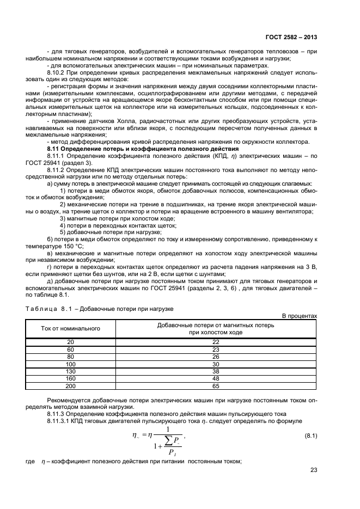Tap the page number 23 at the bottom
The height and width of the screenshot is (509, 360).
click(314, 471)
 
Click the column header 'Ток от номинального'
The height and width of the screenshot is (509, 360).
click(71, 328)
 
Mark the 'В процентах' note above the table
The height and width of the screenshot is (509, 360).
click(299, 315)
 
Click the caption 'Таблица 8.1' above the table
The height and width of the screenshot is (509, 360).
click(48, 308)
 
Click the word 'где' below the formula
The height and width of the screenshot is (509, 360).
click(30, 462)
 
